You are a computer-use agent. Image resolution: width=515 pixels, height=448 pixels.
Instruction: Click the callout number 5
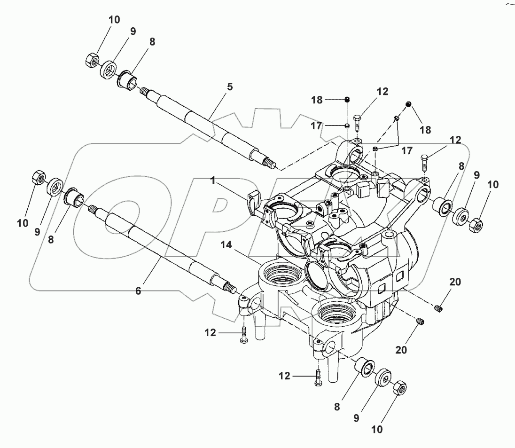pos(230,87)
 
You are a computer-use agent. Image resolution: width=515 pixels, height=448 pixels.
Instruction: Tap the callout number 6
pos(138,291)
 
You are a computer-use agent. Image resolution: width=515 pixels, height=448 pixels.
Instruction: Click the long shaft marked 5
pos(207,124)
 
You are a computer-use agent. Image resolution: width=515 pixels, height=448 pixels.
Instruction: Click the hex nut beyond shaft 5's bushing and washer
pos(92,60)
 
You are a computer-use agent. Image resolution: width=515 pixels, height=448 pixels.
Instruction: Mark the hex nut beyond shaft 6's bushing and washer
pos(38,179)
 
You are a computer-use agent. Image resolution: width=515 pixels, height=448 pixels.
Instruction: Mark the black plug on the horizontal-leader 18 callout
pos(347,99)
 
